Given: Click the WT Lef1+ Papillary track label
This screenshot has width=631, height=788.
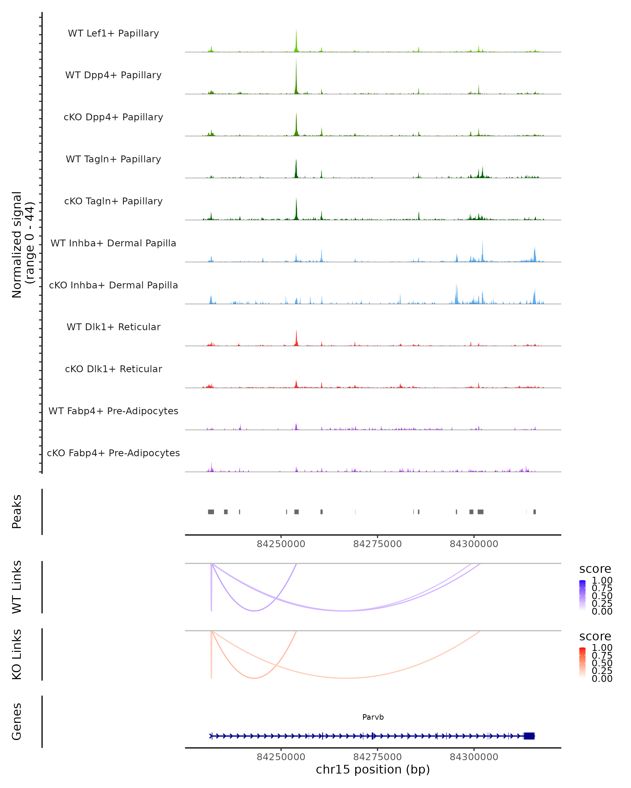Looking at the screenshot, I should click(x=113, y=33).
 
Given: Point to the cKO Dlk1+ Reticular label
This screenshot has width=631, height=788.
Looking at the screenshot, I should click(x=113, y=369).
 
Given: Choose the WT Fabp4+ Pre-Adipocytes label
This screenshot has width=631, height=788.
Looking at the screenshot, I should click(x=113, y=411).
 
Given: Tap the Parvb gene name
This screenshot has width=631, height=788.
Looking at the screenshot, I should click(x=373, y=717).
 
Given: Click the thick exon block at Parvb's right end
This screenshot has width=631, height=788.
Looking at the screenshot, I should click(x=529, y=736).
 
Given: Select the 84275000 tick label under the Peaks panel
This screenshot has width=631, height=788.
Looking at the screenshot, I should click(x=378, y=544).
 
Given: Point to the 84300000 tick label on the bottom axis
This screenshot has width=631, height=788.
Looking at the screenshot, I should click(x=474, y=757).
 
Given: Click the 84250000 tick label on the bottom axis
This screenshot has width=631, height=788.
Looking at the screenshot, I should click(x=281, y=757).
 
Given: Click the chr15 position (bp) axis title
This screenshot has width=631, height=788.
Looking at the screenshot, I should click(x=373, y=770).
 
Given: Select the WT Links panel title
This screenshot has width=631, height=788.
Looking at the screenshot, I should click(x=17, y=587).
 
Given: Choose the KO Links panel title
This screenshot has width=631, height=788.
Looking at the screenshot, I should click(x=17, y=655).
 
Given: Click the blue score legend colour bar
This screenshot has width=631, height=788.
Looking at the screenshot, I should click(x=582, y=595).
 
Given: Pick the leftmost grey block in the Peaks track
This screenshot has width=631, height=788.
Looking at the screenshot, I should click(x=211, y=512).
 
